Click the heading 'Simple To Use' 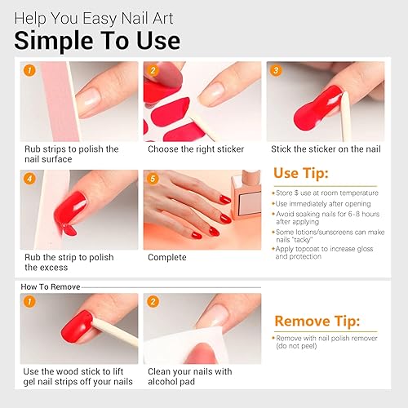click(97, 40)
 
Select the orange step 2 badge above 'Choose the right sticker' click(153, 71)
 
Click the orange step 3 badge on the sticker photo click(276, 71)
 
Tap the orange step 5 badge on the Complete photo click(153, 179)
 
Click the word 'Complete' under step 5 click(166, 257)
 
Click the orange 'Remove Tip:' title click(317, 321)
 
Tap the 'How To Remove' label click(47, 286)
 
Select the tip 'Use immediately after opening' click(323, 203)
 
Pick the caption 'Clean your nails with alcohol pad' click(189, 376)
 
